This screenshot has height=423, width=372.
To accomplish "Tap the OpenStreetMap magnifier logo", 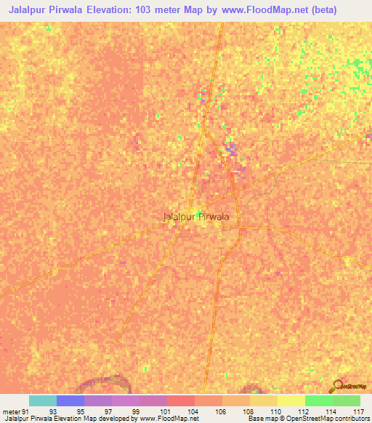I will coord(339,386).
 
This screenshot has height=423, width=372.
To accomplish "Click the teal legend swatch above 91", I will coord(43,400).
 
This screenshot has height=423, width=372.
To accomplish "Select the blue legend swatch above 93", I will coord(70,400).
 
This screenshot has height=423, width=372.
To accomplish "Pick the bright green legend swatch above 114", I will coord(319,400).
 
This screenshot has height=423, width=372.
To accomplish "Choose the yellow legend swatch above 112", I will coord(291,400).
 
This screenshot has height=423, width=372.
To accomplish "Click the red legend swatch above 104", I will coord(181,400).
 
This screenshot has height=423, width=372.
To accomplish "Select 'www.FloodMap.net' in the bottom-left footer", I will coord(168,419).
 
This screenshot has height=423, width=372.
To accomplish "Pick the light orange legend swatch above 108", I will coord(236,400).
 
